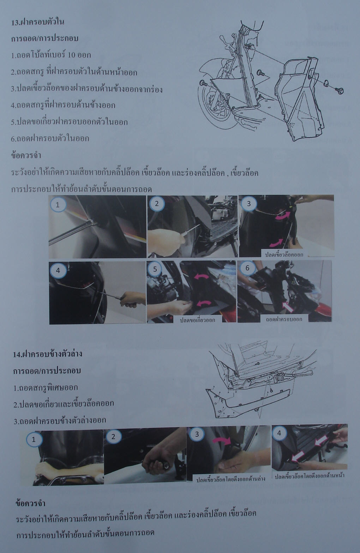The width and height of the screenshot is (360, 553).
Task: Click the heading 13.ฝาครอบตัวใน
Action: (x=38, y=22)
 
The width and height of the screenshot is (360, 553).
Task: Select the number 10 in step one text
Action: (x=71, y=55)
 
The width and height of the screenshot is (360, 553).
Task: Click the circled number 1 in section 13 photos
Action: (x=58, y=205)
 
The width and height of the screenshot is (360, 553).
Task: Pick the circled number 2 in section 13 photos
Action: (x=157, y=204)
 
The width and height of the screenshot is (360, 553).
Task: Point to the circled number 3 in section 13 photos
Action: (x=248, y=203)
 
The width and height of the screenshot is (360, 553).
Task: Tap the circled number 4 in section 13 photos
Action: (x=58, y=270)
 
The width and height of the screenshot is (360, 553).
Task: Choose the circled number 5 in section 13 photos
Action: (x=155, y=269)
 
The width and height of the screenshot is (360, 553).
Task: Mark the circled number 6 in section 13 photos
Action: (x=247, y=268)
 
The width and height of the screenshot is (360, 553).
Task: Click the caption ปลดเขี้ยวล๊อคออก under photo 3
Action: (x=284, y=254)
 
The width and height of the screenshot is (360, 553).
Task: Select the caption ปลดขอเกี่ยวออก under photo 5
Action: (x=197, y=320)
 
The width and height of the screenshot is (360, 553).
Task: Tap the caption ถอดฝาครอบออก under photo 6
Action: (x=284, y=319)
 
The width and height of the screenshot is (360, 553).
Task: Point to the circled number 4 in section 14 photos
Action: (x=279, y=433)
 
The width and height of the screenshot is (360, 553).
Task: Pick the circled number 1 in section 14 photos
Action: (x=34, y=439)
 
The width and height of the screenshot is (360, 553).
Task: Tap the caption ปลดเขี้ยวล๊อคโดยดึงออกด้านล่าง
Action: (x=230, y=479)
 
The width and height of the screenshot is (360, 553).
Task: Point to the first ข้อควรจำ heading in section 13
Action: (x=26, y=156)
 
